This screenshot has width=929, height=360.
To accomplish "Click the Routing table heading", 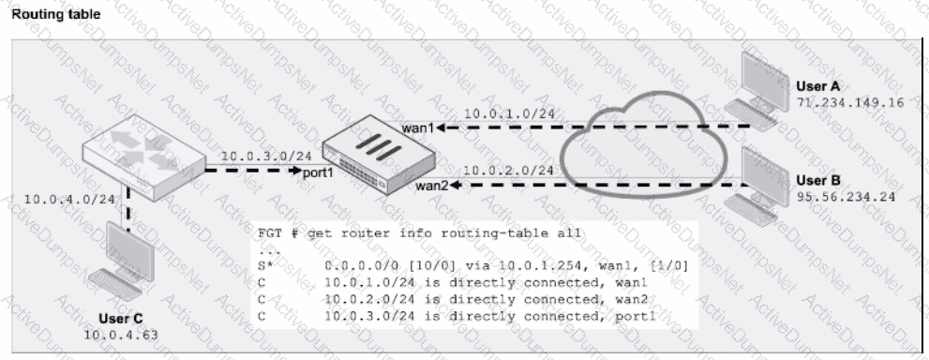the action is pyautogui.click(x=56, y=14).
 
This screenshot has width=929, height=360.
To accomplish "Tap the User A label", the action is pyautogui.click(x=817, y=86).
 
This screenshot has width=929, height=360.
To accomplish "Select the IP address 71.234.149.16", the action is pyautogui.click(x=850, y=103).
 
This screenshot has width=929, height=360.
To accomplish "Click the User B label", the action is pyautogui.click(x=817, y=181).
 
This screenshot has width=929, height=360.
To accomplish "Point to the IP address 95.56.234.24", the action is pyautogui.click(x=846, y=197).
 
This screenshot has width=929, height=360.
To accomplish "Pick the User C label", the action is pyautogui.click(x=121, y=319).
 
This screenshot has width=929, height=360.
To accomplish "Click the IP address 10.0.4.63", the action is pyautogui.click(x=122, y=336).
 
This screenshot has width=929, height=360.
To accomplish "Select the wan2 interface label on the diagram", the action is pyautogui.click(x=431, y=186).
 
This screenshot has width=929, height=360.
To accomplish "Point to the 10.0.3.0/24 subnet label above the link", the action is pyautogui.click(x=266, y=157).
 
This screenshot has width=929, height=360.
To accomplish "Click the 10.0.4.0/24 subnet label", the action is pyautogui.click(x=69, y=199).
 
